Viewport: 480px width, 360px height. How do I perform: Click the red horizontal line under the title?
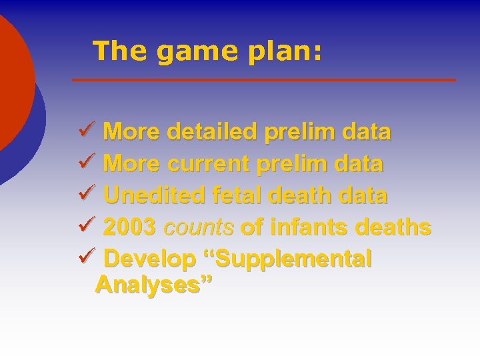264,80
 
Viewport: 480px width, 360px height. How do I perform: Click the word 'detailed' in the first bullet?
211,132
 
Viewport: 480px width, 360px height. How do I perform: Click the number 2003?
130,227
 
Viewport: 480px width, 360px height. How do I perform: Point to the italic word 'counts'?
198,228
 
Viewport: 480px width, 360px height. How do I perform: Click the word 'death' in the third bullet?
301,196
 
